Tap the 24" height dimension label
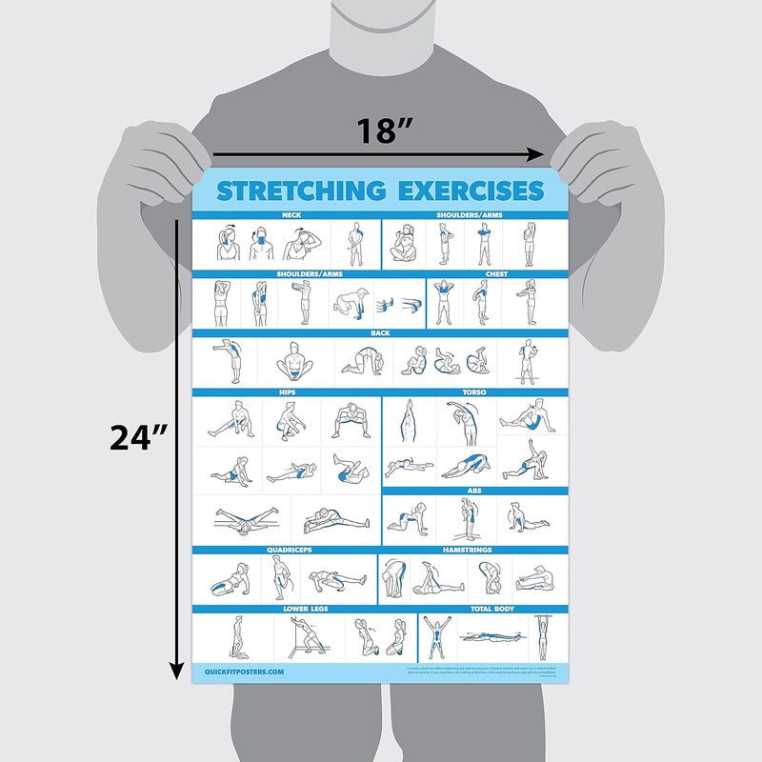click(138, 437)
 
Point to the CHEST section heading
click(497, 274)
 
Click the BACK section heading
click(381, 333)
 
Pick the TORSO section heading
click(476, 391)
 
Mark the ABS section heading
click(475, 491)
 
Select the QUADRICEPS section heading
click(286, 551)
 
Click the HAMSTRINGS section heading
click(474, 551)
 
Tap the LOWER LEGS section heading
click(305, 608)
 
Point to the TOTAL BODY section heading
click(492, 608)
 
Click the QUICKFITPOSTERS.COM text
click(245, 672)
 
